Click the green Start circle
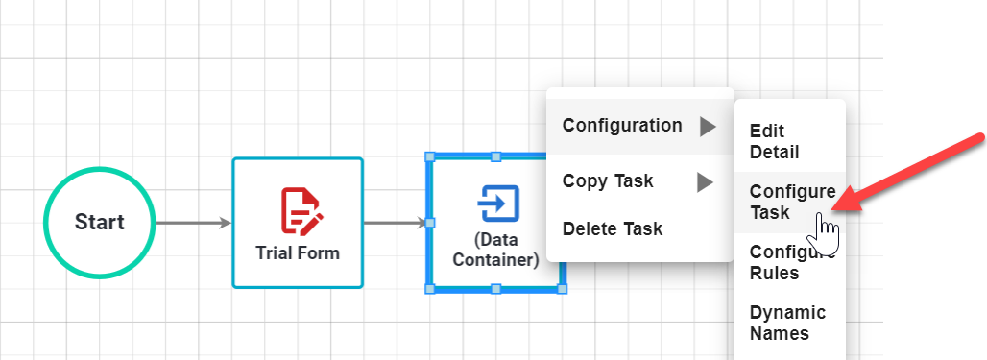(99, 223)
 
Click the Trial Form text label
(298, 253)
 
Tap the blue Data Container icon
(497, 204)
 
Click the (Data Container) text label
(494, 250)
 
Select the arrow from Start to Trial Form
(193, 223)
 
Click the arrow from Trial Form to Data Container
(395, 223)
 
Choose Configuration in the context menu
(622, 126)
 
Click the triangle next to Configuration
(707, 126)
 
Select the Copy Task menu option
(608, 180)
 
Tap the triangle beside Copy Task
(705, 181)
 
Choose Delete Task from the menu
(612, 228)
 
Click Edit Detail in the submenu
(774, 141)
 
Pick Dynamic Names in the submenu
(787, 324)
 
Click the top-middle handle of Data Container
(495, 156)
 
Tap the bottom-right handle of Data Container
(562, 288)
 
